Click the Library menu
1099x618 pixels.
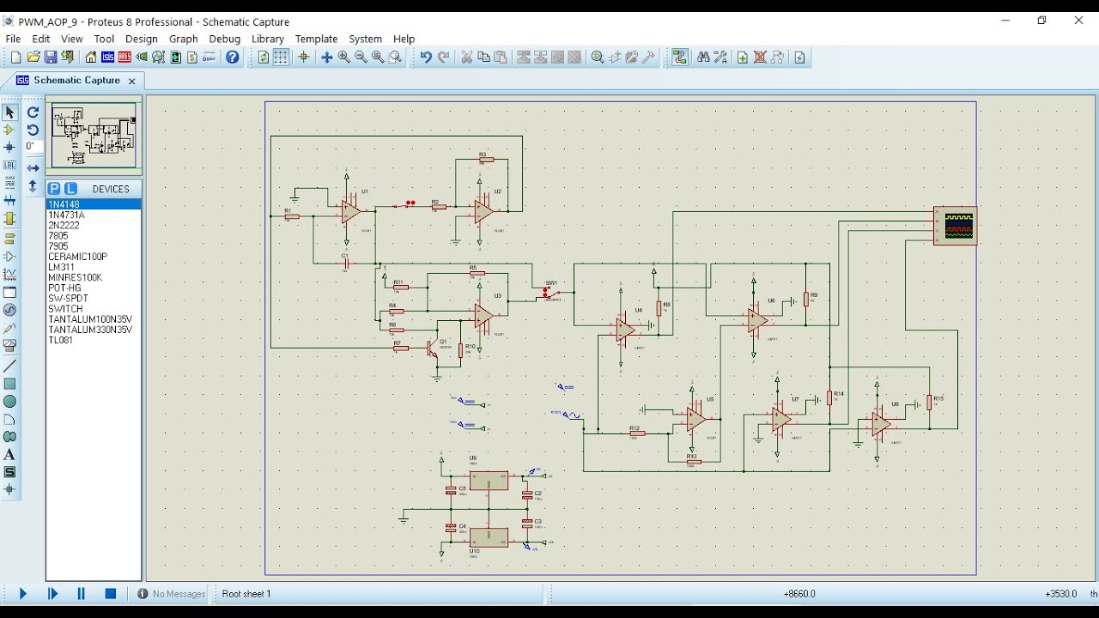pyautogui.click(x=267, y=39)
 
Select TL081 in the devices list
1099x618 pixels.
pyautogui.click(x=61, y=340)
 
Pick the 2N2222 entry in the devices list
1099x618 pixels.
pyautogui.click(x=64, y=225)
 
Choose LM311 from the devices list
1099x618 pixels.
pyautogui.click(x=61, y=267)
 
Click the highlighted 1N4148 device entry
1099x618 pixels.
pyautogui.click(x=64, y=204)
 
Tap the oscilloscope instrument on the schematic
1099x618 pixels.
pyautogui.click(x=956, y=226)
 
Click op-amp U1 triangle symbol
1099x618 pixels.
pyautogui.click(x=350, y=211)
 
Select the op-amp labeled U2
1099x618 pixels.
pyautogui.click(x=483, y=211)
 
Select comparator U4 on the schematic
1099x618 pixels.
pyautogui.click(x=625, y=329)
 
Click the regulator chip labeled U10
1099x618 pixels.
pyautogui.click(x=488, y=537)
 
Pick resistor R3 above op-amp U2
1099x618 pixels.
pyautogui.click(x=486, y=160)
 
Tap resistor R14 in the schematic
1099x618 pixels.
pyautogui.click(x=829, y=397)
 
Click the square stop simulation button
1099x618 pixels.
pyautogui.click(x=111, y=593)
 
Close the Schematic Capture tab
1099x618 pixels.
pyautogui.click(x=131, y=81)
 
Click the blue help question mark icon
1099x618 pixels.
pyautogui.click(x=233, y=58)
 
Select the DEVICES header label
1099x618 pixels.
pyautogui.click(x=111, y=189)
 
